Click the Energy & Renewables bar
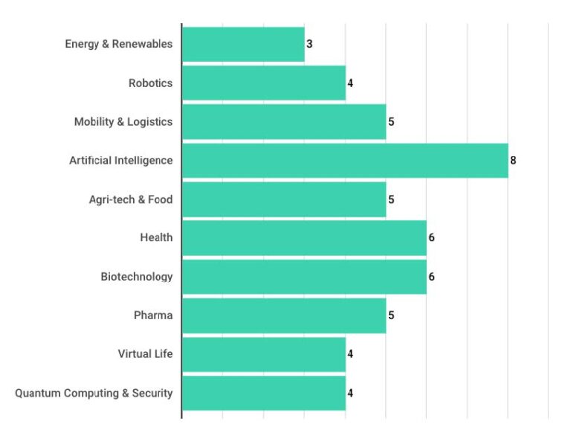243,44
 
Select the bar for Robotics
264,83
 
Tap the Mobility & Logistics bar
284,121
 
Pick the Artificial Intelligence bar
345,160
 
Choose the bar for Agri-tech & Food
284,199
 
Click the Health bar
304,237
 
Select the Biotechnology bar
304,277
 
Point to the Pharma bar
284,315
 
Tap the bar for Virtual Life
264,354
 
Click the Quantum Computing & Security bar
264,393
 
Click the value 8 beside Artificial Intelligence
513,160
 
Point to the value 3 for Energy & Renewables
309,44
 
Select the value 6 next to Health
431,238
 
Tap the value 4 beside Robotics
350,83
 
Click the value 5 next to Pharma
391,315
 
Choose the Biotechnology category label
137,277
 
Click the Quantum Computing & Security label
94,393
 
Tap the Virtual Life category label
145,354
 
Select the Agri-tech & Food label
131,199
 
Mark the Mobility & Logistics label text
123,121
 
